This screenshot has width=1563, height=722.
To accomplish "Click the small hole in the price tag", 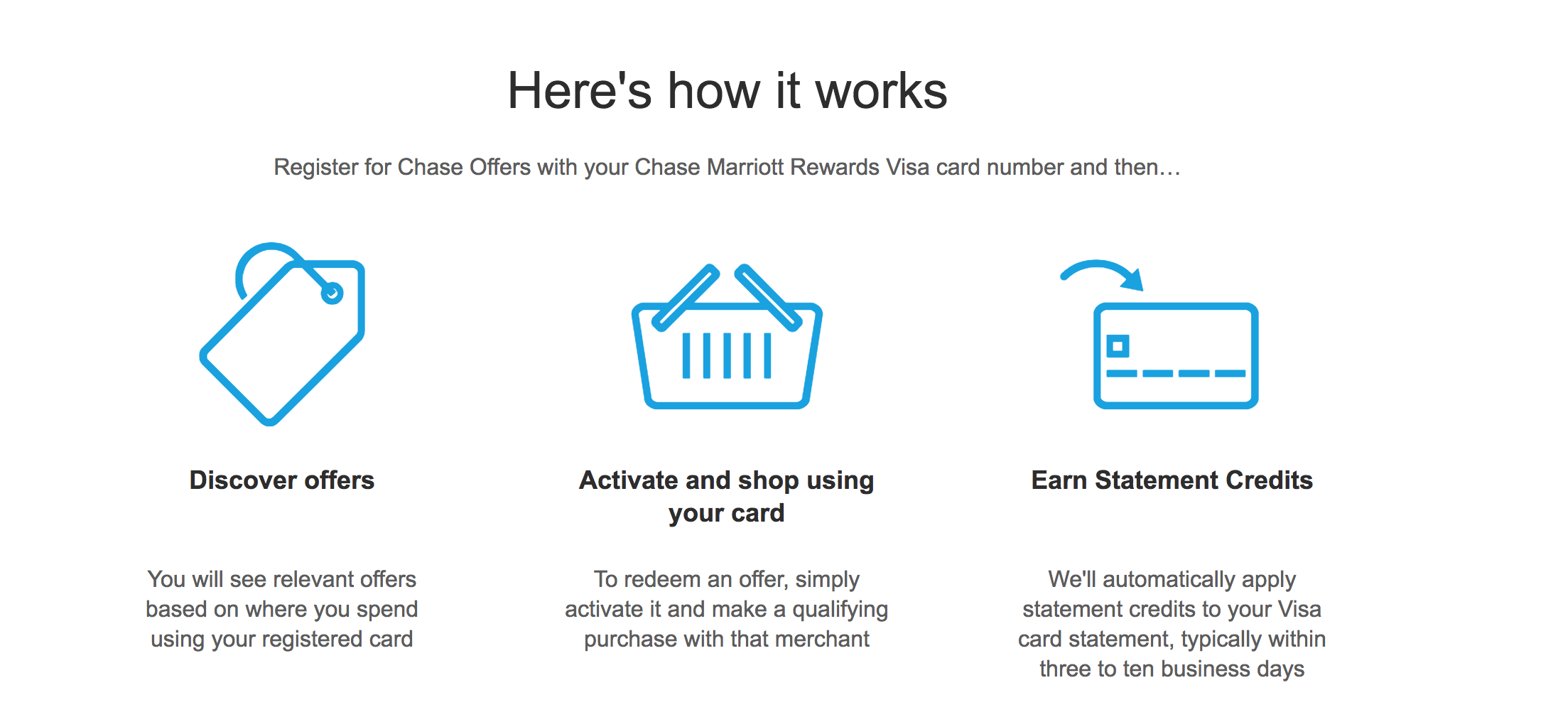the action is click(332, 293).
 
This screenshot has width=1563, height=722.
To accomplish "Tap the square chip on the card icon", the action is click(1118, 346).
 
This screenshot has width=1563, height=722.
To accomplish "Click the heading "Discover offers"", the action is click(282, 480).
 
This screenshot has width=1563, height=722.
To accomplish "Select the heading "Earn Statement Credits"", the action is click(1172, 480).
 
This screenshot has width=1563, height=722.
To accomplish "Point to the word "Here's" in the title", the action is click(580, 91).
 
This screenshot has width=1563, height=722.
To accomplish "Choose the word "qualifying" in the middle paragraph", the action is click(840, 610).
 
